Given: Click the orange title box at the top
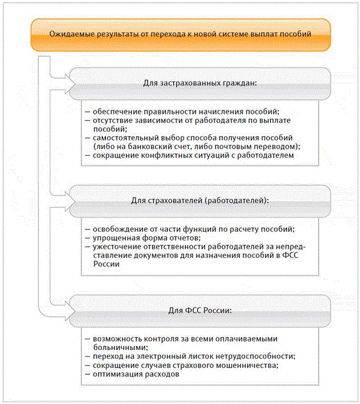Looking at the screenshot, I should click(180, 34).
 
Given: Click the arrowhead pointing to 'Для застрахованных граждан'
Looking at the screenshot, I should click(67, 79).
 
